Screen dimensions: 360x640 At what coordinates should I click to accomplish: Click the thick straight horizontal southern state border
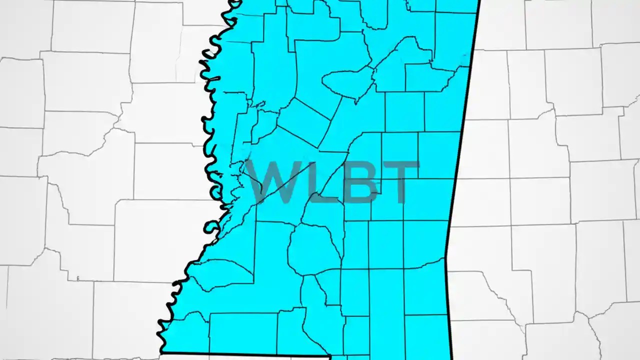click(245, 355)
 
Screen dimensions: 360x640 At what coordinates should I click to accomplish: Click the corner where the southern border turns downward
click(330, 357)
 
